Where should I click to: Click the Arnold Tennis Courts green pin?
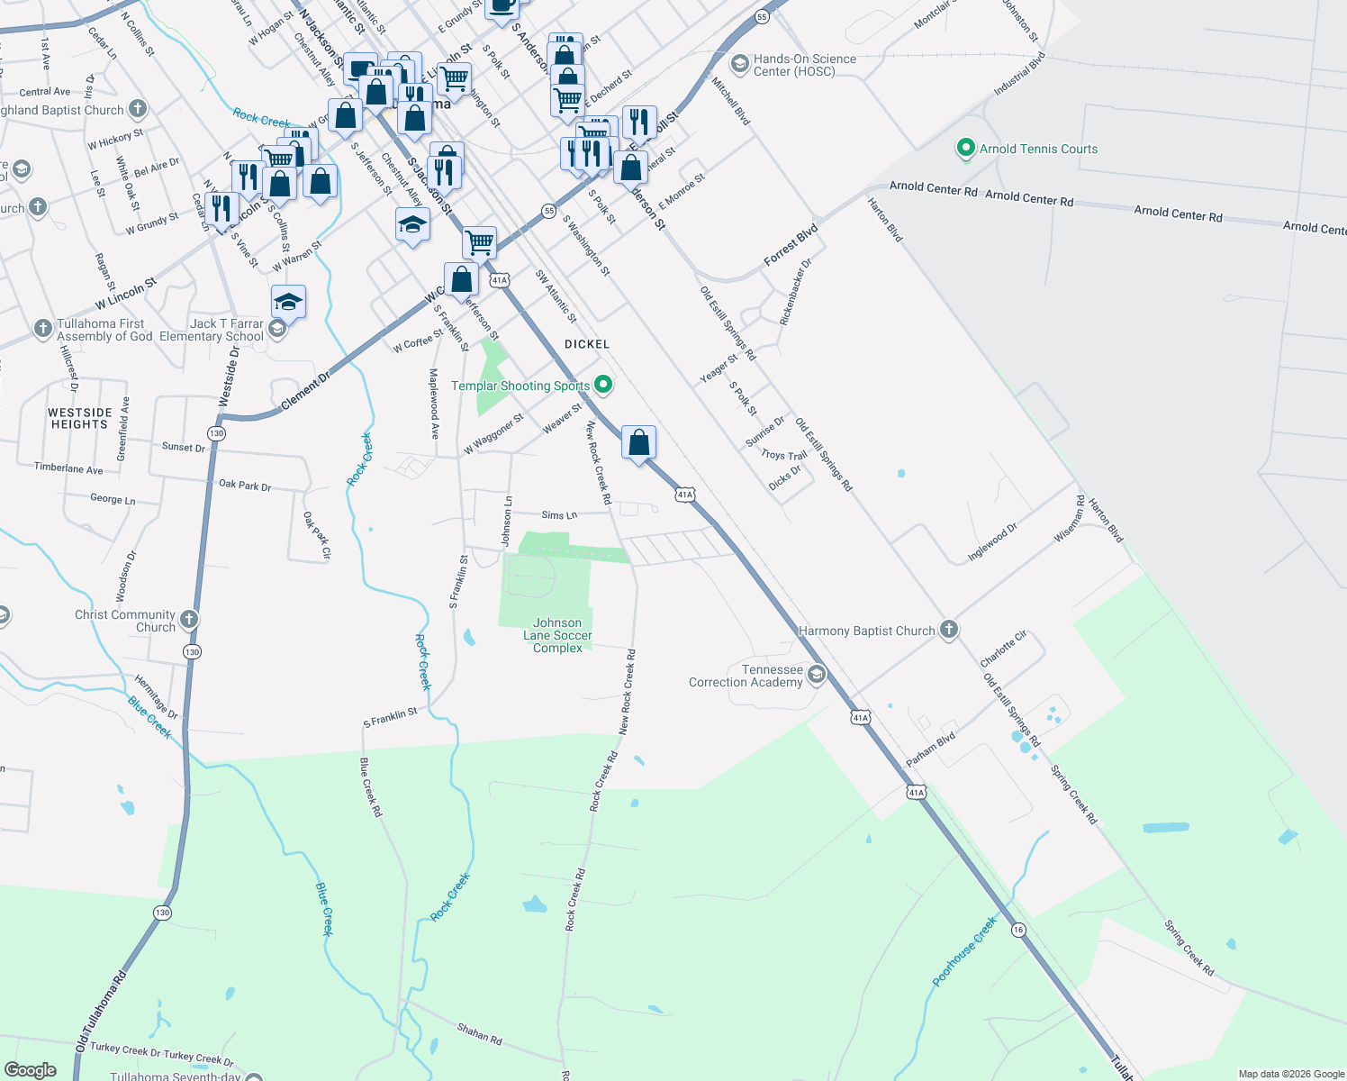point(965,149)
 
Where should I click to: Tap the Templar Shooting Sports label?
point(520,386)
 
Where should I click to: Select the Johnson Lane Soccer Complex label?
point(557,635)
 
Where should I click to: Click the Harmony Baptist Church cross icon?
point(949,630)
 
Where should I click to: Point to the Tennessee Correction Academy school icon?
point(817,675)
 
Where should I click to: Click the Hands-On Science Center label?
point(804,65)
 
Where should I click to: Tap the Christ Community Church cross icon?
point(188,619)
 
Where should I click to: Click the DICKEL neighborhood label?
point(587,344)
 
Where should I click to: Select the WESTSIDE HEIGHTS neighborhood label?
point(80,418)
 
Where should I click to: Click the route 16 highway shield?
point(1018,930)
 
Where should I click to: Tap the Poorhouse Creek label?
point(964,950)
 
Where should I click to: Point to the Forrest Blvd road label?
point(791,245)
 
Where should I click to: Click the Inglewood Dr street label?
point(992,541)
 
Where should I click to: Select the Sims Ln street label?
point(559,515)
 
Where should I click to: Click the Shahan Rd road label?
point(479,1033)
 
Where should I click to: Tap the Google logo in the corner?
point(30,1069)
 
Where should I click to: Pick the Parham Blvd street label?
point(930,749)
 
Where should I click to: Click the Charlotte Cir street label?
point(1004,649)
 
